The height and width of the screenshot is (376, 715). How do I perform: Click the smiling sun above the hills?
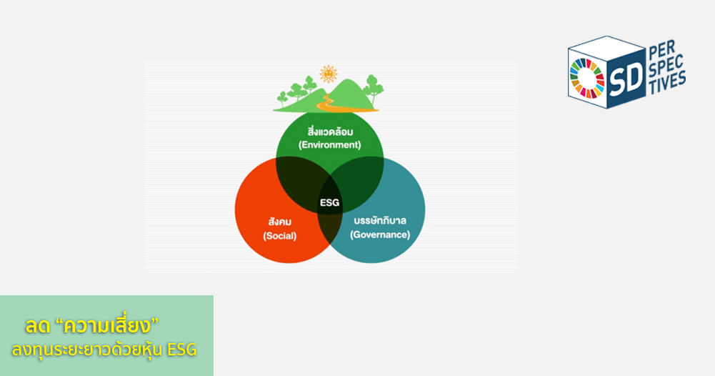329,74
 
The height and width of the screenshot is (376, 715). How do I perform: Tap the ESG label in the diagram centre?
330,202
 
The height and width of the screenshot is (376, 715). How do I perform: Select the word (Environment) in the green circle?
330,145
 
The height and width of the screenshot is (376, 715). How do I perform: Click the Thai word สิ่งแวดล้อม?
330,132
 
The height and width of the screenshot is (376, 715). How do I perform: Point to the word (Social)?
279,236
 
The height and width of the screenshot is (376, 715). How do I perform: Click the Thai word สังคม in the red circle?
279,222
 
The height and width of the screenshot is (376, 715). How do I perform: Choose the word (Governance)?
380,234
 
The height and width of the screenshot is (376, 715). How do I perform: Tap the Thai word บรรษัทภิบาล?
380,221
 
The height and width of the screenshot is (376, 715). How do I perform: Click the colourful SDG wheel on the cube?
587,79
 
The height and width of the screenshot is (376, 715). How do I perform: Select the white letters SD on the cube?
626,79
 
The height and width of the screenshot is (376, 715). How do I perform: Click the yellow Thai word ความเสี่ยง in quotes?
106,326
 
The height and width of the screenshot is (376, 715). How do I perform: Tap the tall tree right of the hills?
374,89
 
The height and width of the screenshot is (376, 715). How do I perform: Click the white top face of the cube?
606,47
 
